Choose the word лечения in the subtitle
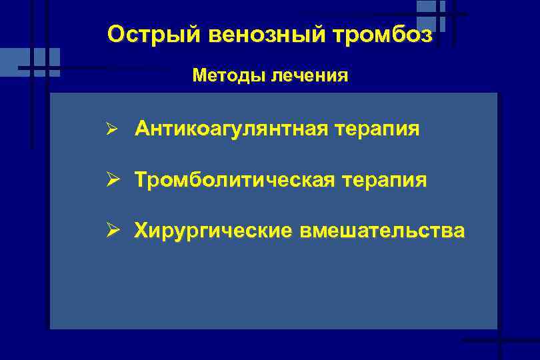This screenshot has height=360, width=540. coord(309,75)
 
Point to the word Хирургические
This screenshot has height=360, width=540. coord(213,231)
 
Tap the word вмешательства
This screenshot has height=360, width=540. coord(382,231)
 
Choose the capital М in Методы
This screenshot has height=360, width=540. coord(199,75)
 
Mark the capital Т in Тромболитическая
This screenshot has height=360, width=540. coord(141,180)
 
